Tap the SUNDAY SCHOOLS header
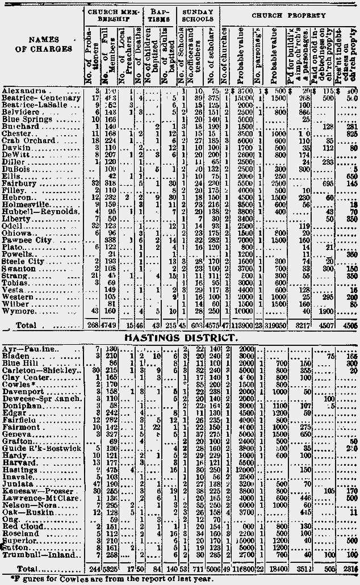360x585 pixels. pyautogui.click(x=198, y=16)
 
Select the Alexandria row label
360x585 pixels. pyautogui.click(x=20, y=91)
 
